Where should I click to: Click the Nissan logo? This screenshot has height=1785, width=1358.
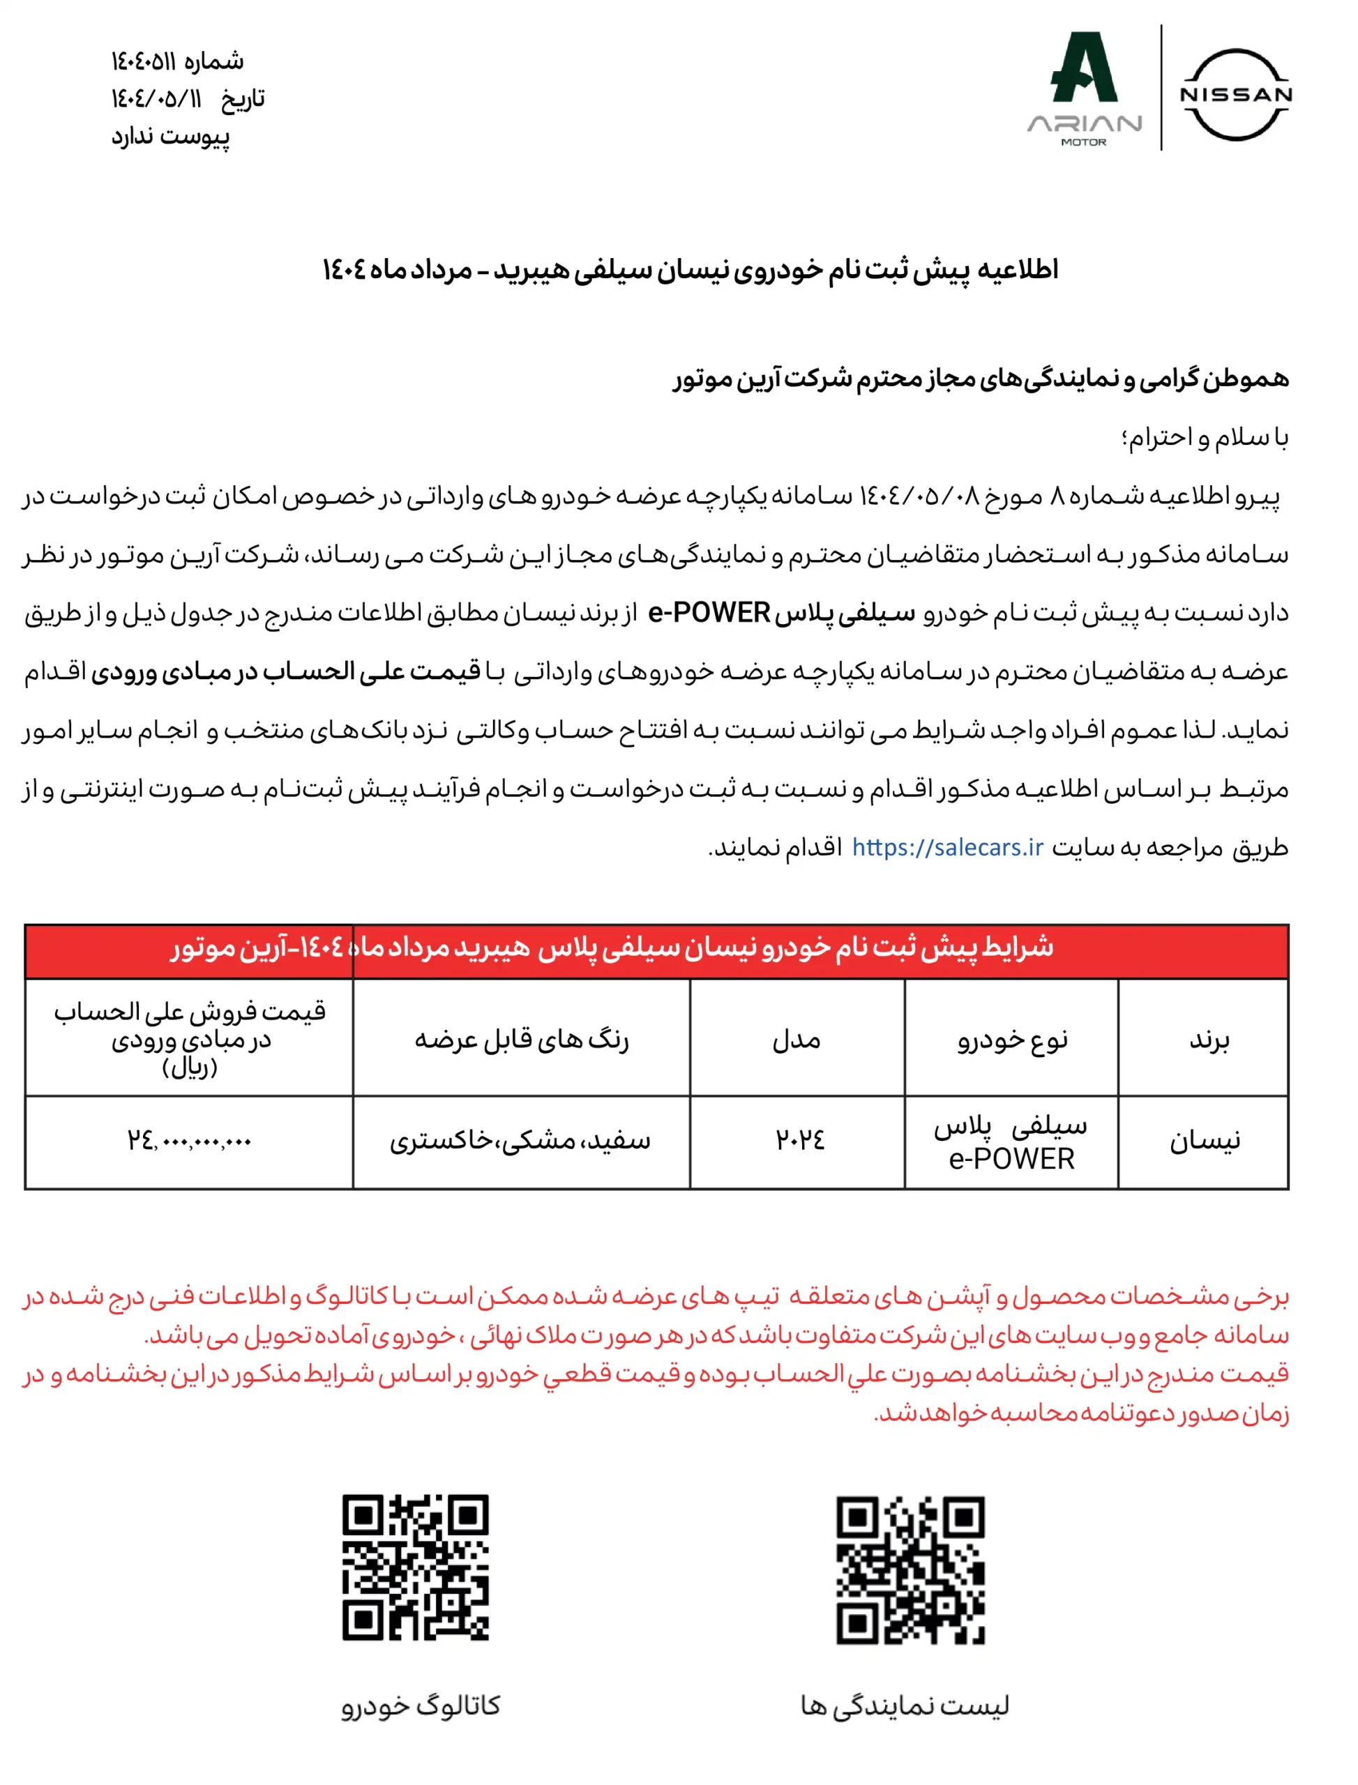click(x=1236, y=95)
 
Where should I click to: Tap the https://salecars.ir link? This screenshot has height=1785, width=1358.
click(x=947, y=847)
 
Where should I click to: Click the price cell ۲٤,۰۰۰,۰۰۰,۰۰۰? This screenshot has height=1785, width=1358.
click(x=189, y=1141)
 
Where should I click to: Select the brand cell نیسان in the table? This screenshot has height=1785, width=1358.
click(x=1205, y=1140)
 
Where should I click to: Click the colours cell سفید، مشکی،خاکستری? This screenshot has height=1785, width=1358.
click(x=520, y=1140)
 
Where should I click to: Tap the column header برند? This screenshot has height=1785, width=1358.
click(x=1209, y=1039)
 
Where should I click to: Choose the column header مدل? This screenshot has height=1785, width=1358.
click(x=797, y=1039)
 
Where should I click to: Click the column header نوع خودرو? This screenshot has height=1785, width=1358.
click(x=1012, y=1039)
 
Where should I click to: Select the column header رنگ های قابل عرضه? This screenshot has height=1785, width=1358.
click(x=522, y=1039)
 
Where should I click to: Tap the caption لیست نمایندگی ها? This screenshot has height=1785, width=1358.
click(x=905, y=1705)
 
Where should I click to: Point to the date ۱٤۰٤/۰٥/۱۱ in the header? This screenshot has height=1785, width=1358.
click(x=156, y=98)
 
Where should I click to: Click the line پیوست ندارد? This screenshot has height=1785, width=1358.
click(x=171, y=136)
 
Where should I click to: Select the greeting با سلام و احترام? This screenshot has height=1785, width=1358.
click(x=1205, y=437)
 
